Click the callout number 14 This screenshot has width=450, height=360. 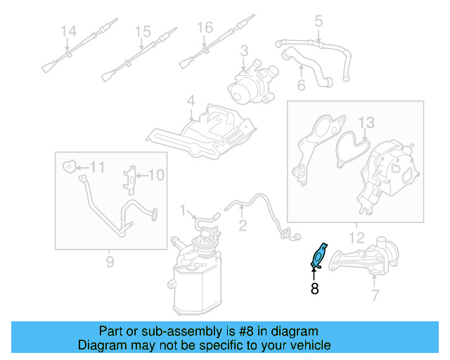(x=67, y=32)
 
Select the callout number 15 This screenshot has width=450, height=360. (x=143, y=32)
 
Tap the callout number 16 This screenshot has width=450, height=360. (x=204, y=28)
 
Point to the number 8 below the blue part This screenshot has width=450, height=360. (x=314, y=288)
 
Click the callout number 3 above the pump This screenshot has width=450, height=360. (x=245, y=51)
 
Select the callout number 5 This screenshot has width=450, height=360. (x=319, y=22)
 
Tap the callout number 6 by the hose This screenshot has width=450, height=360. (x=301, y=86)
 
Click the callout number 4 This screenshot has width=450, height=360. (x=191, y=103)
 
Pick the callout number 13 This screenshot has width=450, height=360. (x=367, y=124)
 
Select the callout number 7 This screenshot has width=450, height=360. (x=375, y=295)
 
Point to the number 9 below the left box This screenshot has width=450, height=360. (x=110, y=262)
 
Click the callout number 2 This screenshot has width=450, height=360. (x=243, y=226)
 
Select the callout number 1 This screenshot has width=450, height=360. (x=183, y=210)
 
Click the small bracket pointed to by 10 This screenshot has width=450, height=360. (x=131, y=178)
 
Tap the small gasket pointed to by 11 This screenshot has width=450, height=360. (x=69, y=167)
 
